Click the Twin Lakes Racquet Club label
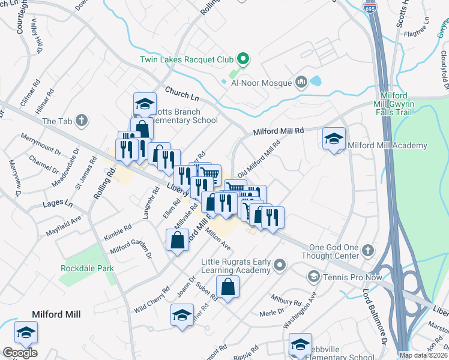coord(187,59)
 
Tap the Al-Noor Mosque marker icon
coord(301,82)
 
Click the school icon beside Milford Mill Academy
coord(334,140)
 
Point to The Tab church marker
coord(82,121)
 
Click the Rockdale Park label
coord(87,268)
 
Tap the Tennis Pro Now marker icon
coord(313,276)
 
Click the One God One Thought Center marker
coord(367,249)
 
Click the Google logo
coord(20,353)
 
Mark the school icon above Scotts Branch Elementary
coord(145,104)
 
